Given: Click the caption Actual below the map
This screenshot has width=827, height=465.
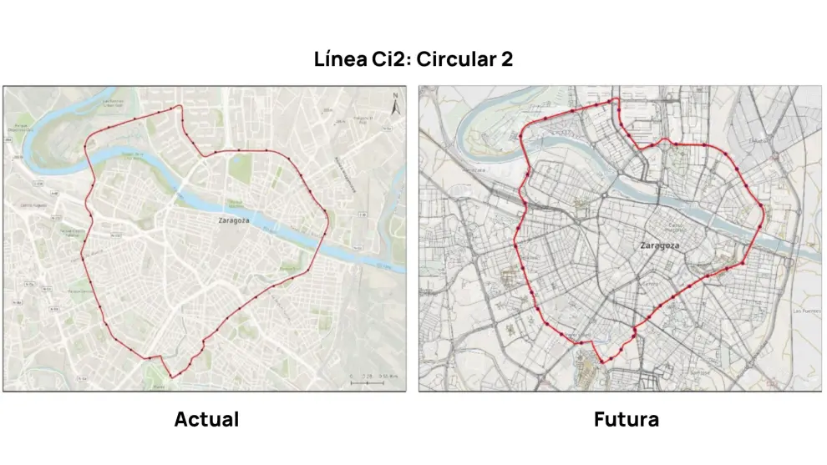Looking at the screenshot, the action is pos(206,419).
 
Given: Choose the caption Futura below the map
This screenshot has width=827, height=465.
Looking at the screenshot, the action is pos(626,419).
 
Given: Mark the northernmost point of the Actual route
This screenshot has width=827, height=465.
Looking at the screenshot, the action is pos(178,107).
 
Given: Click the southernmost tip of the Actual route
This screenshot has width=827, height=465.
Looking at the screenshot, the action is pos(173,377).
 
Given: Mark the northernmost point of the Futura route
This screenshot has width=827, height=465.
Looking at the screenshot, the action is pos(617,99).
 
